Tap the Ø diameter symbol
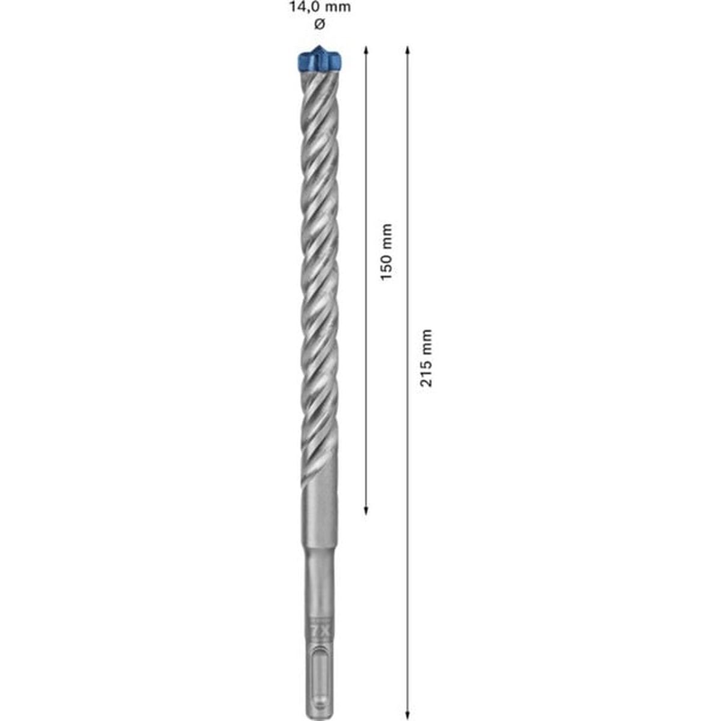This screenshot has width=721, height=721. click(319, 25)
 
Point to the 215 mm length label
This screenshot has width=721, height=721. click(426, 358)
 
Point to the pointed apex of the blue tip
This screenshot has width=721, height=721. click(318, 47)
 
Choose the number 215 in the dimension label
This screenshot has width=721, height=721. click(426, 374)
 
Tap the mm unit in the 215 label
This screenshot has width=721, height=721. click(426, 340)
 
